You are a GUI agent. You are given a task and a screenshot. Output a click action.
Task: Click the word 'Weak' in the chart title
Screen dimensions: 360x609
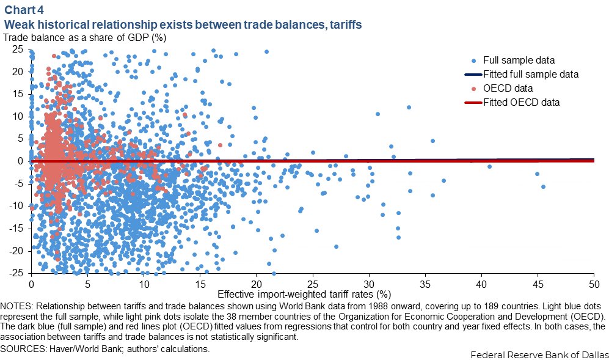click(19, 25)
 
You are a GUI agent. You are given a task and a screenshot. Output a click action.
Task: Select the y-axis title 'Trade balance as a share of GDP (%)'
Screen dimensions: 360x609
click(85, 37)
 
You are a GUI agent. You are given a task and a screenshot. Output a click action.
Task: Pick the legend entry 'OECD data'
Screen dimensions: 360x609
click(506, 88)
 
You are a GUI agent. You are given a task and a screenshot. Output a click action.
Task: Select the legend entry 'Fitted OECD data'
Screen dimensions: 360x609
click(521, 102)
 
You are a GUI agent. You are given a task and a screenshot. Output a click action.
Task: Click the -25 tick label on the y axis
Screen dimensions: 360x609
click(16, 273)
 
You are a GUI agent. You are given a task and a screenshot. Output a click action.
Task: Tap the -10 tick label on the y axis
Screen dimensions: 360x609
click(16, 206)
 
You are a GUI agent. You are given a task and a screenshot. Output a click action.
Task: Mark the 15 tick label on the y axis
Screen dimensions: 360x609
click(18, 94)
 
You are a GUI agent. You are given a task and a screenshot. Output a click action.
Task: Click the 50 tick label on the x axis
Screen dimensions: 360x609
click(594, 284)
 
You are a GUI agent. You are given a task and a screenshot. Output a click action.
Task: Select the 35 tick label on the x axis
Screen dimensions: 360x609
click(425, 284)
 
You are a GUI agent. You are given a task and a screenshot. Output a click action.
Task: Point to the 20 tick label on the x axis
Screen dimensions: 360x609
click(257, 284)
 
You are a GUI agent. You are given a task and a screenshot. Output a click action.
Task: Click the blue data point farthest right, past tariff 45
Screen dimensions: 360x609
click(543, 186)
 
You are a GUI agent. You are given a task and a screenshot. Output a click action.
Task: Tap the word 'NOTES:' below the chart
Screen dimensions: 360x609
click(18, 305)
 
